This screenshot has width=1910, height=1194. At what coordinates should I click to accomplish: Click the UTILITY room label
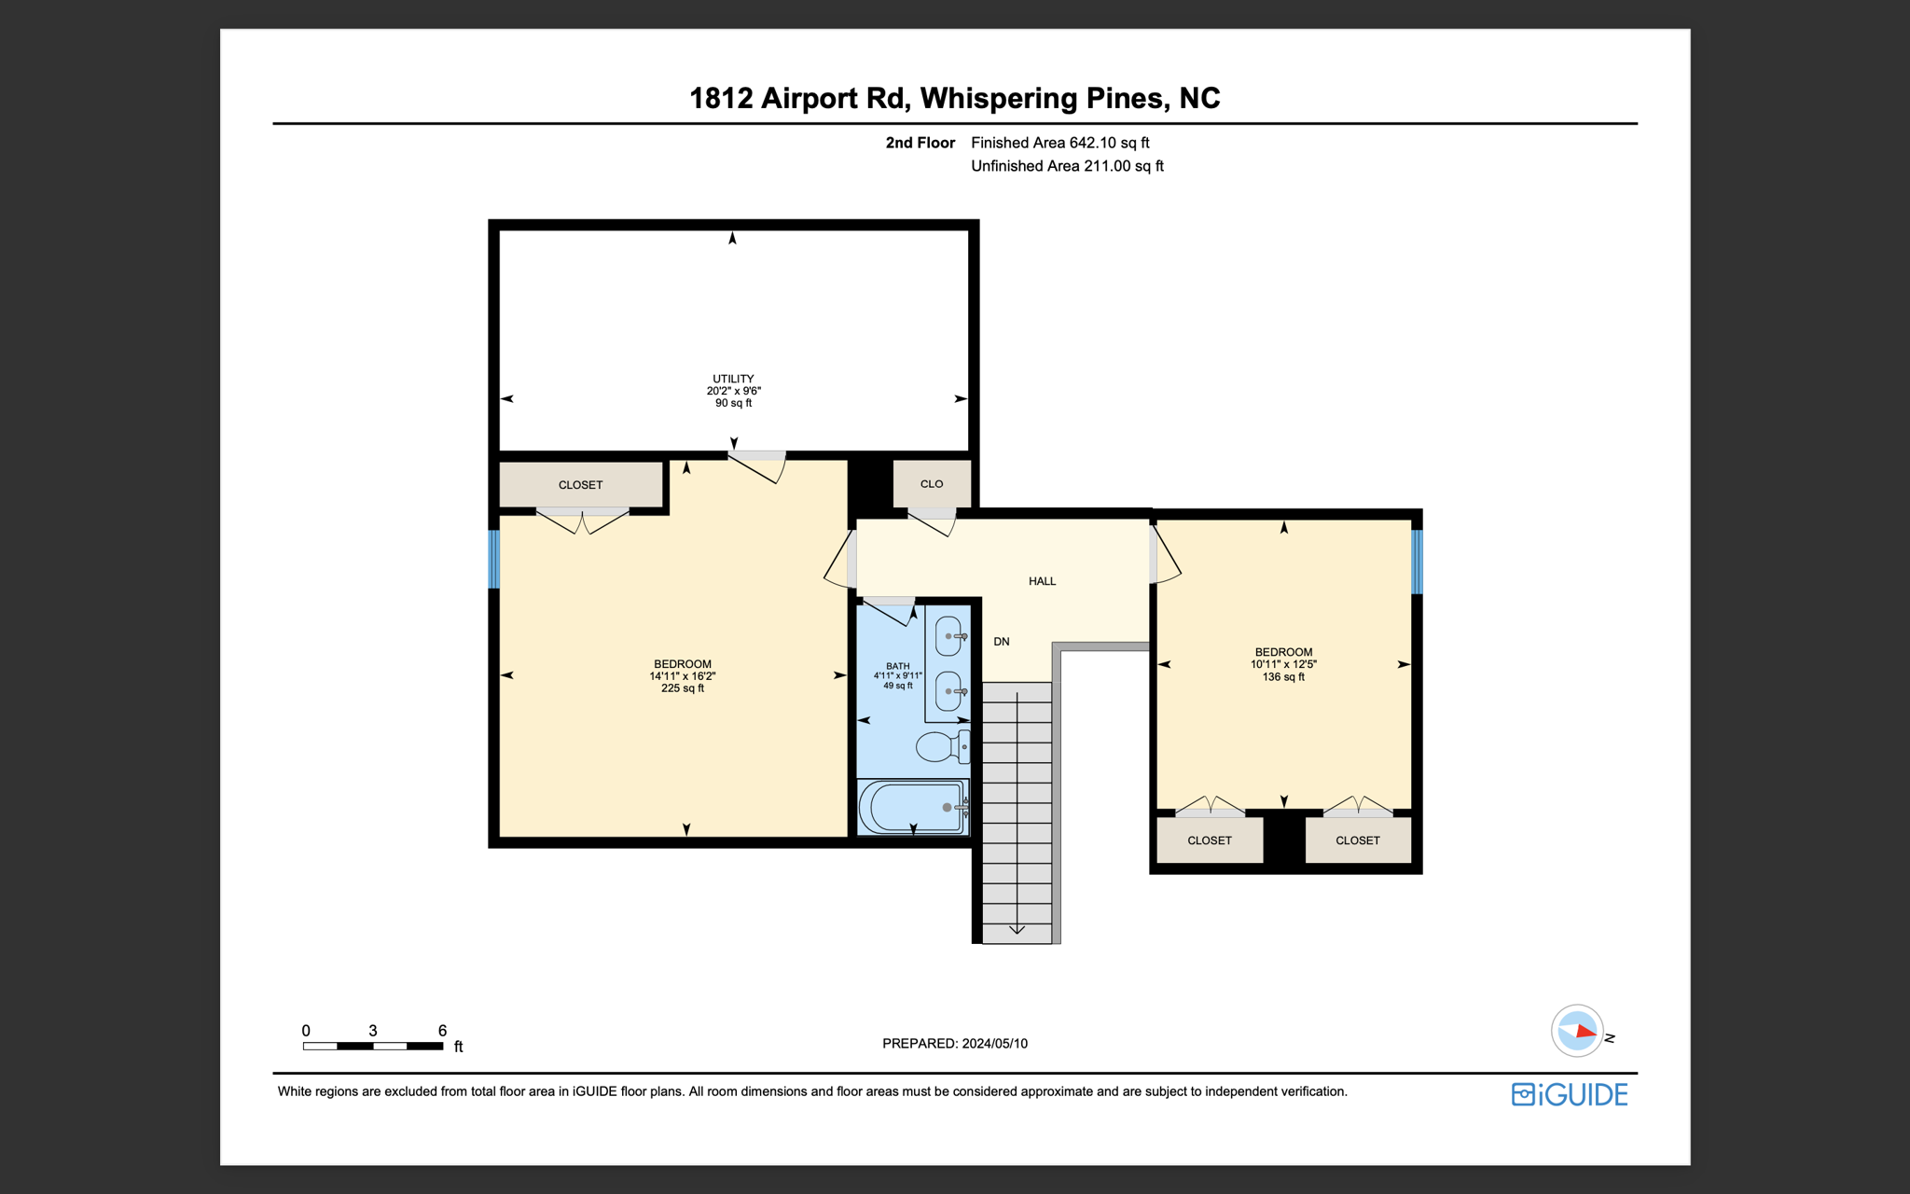733,380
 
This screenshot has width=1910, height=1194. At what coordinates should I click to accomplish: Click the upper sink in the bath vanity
948,636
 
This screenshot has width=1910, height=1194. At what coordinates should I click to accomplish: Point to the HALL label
1042,581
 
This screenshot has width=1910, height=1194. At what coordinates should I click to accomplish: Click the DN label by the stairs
1002,642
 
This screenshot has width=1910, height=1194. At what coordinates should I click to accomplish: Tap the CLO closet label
931,484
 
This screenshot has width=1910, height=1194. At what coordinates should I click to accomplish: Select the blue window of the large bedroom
494,559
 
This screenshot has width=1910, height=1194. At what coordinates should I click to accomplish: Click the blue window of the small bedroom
1417,562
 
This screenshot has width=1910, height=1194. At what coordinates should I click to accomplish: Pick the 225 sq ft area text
682,688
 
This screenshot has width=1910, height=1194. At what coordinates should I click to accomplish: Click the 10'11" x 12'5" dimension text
1283,664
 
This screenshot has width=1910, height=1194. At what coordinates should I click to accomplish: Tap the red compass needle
1585,1032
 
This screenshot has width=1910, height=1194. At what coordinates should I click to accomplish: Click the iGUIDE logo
1570,1094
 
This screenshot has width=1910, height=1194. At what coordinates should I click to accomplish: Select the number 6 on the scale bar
442,1031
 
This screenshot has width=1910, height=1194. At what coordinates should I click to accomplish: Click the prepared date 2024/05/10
994,1044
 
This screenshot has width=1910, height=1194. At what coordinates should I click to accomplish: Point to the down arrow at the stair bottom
1017,929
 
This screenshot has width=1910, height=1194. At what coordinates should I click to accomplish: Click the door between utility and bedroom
756,465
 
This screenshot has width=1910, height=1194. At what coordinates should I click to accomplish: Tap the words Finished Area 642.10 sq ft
1059,143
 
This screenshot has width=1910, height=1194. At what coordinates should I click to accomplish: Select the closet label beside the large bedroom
580,485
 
